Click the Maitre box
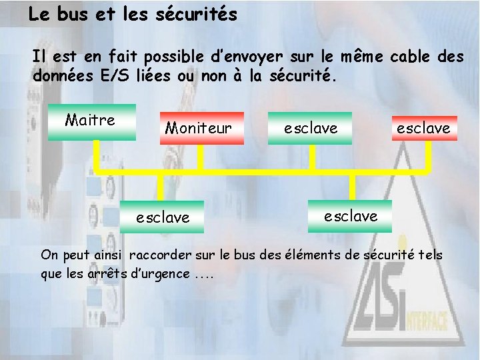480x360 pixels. (x=91, y=121)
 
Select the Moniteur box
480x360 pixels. (x=199, y=127)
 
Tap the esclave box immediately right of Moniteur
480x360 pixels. (x=311, y=127)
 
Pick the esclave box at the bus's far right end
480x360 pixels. (x=423, y=127)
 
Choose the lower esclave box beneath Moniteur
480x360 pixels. (x=162, y=217)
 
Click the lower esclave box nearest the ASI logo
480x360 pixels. (x=350, y=215)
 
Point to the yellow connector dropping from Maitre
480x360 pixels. (x=95, y=155)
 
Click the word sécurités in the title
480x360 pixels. (x=196, y=15)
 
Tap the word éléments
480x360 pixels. (x=316, y=255)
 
